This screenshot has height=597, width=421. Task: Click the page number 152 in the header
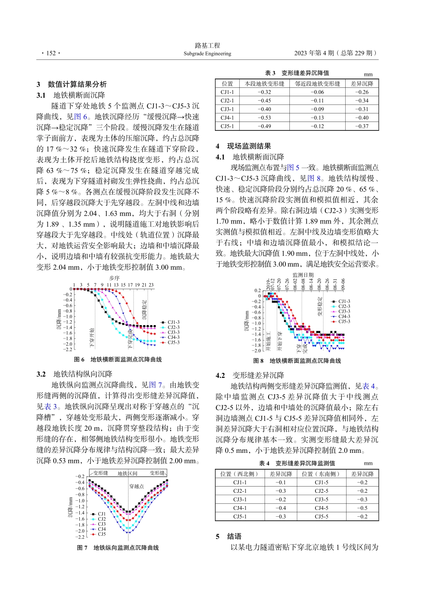coord(51,53)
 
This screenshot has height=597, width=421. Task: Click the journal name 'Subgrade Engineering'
coord(207,54)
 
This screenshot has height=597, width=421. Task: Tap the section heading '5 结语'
coord(229,536)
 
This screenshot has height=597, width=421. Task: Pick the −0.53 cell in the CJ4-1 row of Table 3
coord(264,118)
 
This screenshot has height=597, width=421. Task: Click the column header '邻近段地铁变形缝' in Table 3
coord(317,83)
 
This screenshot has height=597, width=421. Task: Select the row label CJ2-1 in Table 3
coord(227,101)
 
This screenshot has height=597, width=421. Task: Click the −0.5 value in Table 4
coord(362,508)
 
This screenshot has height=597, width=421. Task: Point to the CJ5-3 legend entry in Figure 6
coord(173,342)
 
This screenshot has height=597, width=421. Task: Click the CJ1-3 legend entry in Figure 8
coord(344,301)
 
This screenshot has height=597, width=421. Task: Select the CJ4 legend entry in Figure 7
coord(102,529)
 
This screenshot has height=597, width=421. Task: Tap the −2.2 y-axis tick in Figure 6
coord(67,350)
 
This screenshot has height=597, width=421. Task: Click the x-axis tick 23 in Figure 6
coord(151,285)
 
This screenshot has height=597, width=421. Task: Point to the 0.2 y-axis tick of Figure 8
coord(257,291)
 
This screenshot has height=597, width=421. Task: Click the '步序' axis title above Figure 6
coord(114,278)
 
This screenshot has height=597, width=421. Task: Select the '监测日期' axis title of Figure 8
coord(303,275)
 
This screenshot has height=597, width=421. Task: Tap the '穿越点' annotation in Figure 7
coord(136,486)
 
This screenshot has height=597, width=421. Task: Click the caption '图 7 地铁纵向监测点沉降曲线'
coord(118,548)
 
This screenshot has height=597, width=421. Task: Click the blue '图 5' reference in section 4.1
coord(293,168)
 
